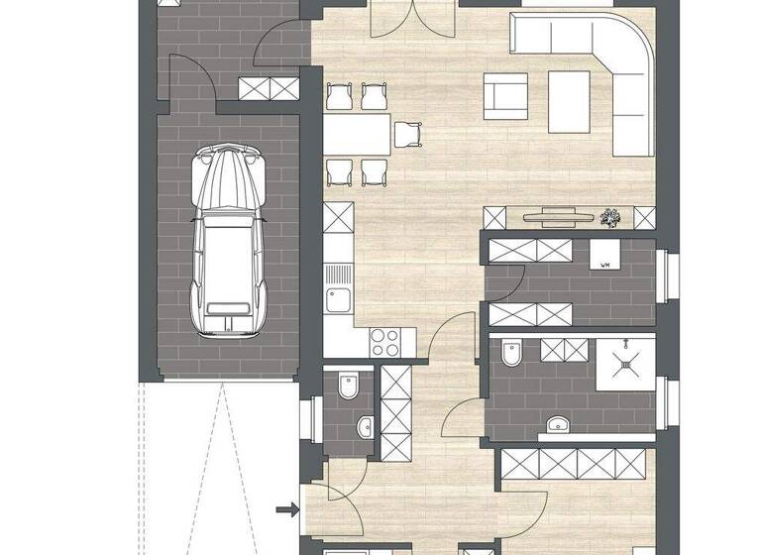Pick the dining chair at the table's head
[x=408, y=133]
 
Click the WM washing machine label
[x=603, y=264]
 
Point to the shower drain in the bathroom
[x=626, y=364]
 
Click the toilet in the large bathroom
[x=512, y=353]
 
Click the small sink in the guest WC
[x=365, y=427]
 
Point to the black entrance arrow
[x=286, y=510]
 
